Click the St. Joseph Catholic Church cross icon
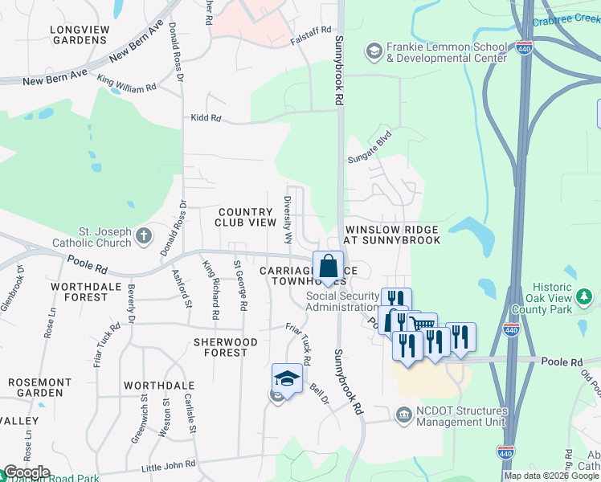click(x=143, y=235)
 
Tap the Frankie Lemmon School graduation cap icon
click(x=374, y=52)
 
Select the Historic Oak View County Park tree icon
click(x=585, y=298)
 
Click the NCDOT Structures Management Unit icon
click(x=403, y=414)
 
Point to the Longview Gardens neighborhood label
click(x=80, y=35)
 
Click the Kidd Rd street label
click(x=205, y=118)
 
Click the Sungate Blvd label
click(x=369, y=147)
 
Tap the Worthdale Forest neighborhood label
click(x=79, y=292)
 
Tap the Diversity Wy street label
click(x=287, y=219)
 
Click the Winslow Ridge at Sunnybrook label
click(x=392, y=235)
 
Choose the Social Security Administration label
click(x=342, y=301)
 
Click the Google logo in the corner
click(x=26, y=472)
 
